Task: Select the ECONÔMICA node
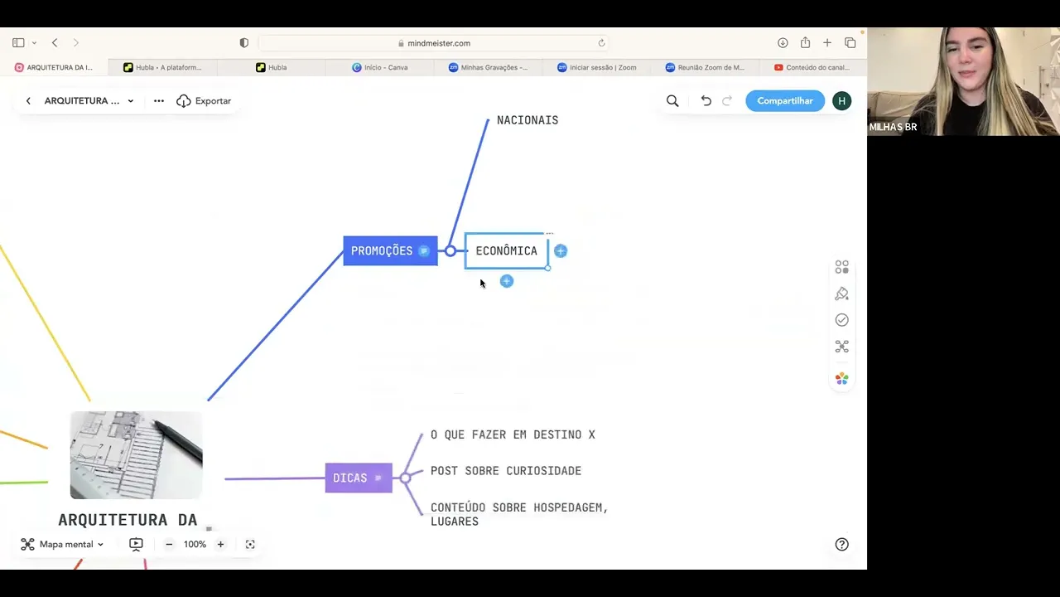coord(506,250)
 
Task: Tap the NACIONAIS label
coord(527,120)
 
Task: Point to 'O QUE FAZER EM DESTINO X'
coord(513,434)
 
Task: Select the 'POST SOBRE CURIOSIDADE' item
coord(505,471)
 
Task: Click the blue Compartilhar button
coord(784,100)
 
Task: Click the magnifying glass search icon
coord(672,100)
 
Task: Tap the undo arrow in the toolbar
coord(706,100)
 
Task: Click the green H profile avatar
coord(841,100)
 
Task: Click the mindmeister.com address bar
coord(438,43)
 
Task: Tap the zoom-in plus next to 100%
coord(220,544)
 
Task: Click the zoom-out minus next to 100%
coord(169,544)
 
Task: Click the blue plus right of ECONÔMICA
coord(561,250)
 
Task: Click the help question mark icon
coord(841,544)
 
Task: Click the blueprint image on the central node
coord(136,454)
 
